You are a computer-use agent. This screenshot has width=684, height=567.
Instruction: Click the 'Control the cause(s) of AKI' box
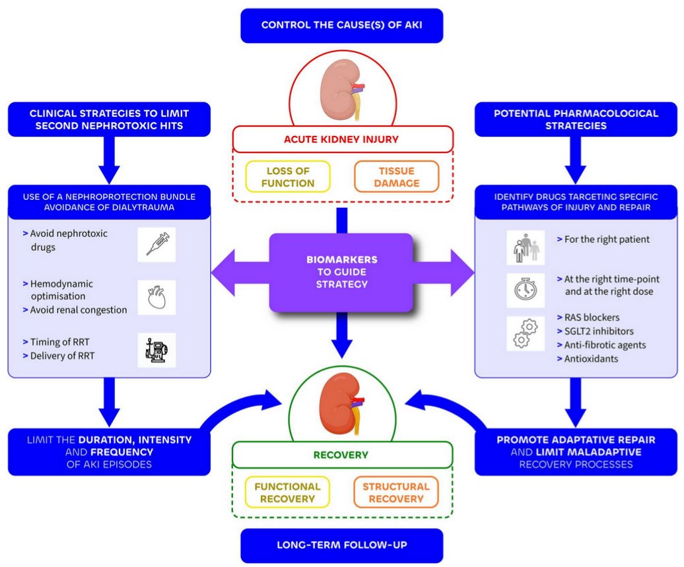[x=341, y=26]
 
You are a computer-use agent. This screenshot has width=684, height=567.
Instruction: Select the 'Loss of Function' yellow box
[x=287, y=176]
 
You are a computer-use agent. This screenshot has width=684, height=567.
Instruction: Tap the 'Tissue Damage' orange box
[x=396, y=176]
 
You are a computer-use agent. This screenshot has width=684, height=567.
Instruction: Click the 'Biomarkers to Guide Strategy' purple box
[x=341, y=273]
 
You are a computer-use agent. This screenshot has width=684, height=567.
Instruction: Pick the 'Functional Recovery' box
[x=287, y=492]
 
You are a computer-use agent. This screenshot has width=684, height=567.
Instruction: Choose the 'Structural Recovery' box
[x=396, y=492]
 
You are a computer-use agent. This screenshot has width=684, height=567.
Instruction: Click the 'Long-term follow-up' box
[x=341, y=545]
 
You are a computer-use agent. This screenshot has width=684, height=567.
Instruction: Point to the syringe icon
[x=156, y=245]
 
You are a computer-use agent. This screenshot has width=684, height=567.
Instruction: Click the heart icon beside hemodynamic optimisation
[x=156, y=297]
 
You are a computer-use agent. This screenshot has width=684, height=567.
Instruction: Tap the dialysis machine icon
[x=156, y=350]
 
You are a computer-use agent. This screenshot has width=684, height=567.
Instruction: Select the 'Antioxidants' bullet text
[x=592, y=359]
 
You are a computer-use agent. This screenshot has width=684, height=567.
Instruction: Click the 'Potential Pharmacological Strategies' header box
[x=576, y=119]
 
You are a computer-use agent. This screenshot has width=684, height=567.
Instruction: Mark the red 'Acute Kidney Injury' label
[x=341, y=139]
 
